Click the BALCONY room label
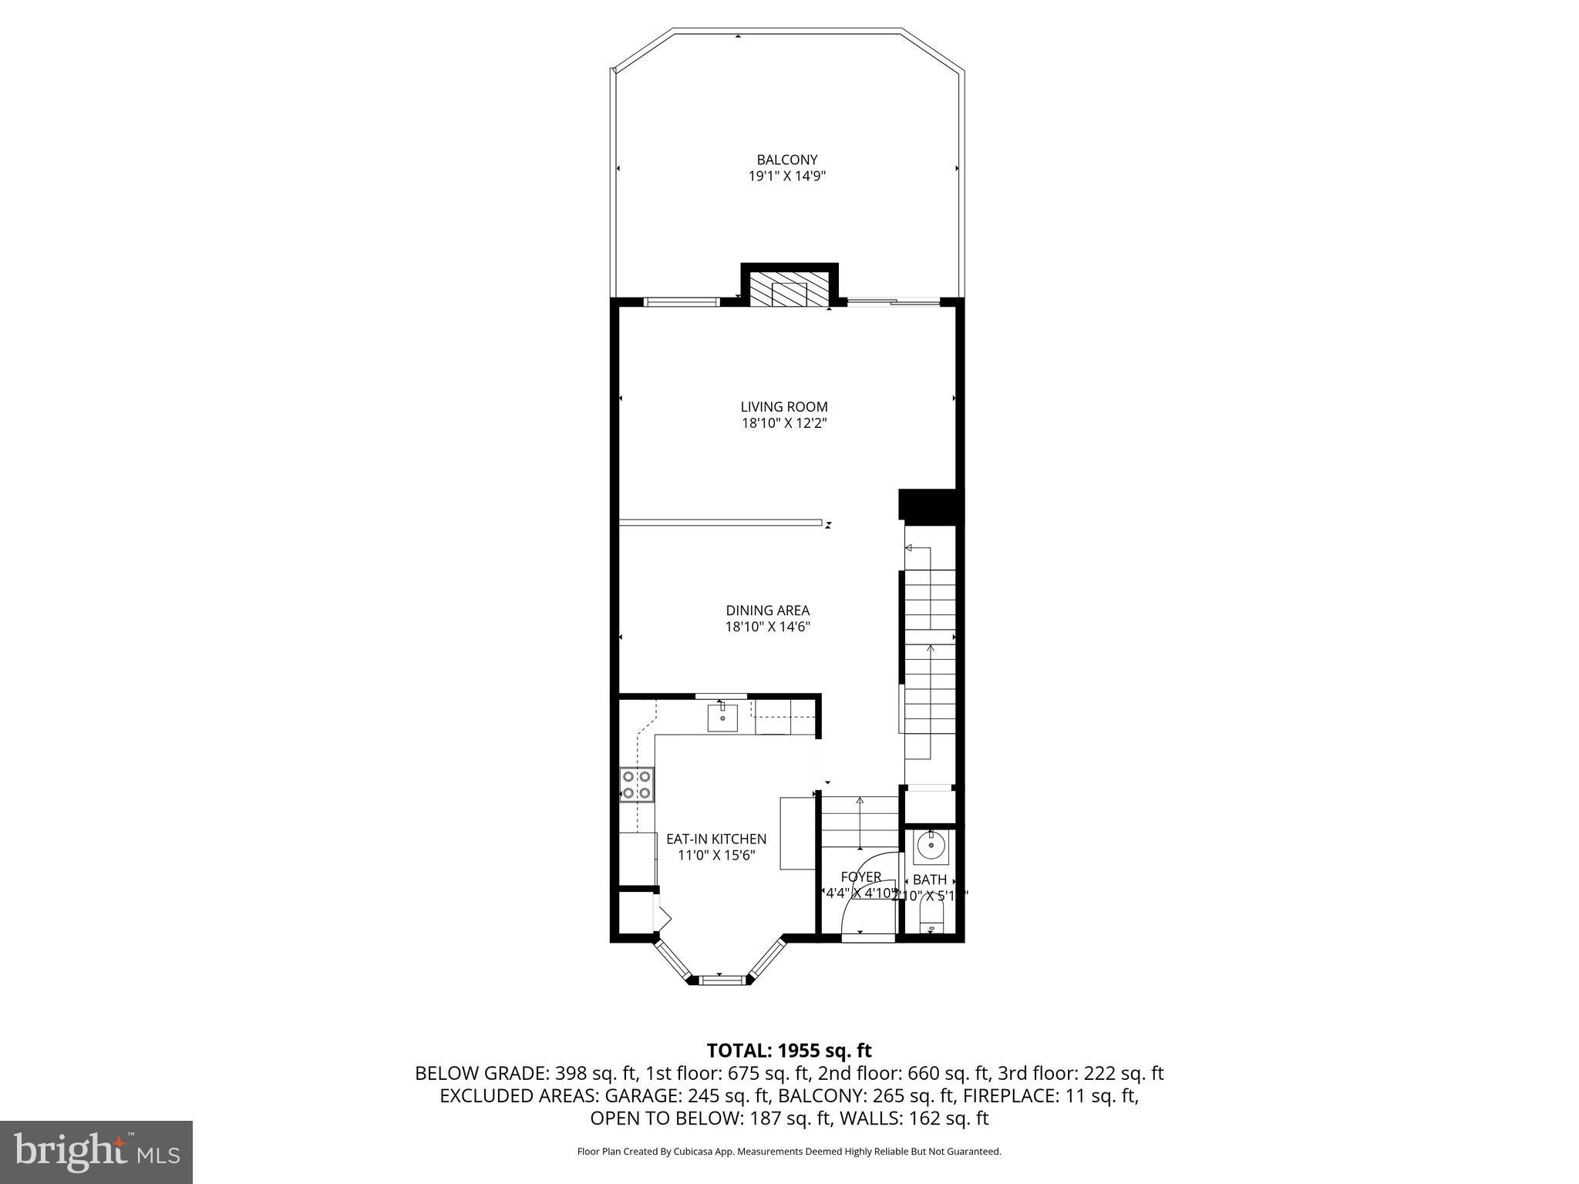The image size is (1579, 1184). tap(786, 160)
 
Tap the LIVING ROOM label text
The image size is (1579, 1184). tap(784, 406)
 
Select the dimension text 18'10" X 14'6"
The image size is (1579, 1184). tap(767, 627)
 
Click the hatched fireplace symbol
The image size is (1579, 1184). tap(789, 293)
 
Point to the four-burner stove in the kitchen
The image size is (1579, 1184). tap(637, 785)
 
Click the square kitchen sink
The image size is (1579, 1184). tap(722, 718)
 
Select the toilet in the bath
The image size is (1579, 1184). tap(931, 920)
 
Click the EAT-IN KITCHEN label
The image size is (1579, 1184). tap(716, 839)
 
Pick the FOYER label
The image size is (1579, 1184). tap(860, 877)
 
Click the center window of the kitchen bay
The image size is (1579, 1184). tap(723, 980)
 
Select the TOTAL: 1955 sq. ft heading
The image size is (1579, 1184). tap(789, 1050)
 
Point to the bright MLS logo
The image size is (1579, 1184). tap(96, 1152)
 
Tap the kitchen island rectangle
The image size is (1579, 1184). tap(797, 833)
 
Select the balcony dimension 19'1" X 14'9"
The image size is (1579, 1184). tap(786, 176)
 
